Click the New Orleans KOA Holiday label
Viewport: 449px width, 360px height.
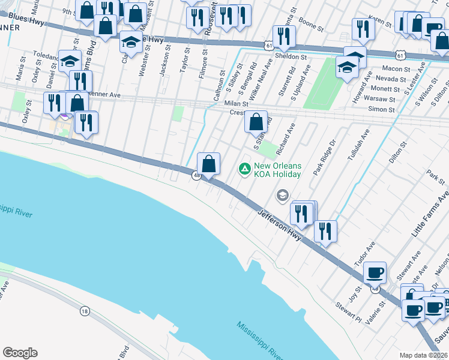coord(277,169)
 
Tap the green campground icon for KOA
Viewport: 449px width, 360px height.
coord(244,169)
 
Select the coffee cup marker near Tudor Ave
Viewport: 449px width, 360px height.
coord(375,273)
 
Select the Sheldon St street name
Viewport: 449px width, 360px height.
coord(291,56)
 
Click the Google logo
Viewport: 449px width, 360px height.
coord(20,353)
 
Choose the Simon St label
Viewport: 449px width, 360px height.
coord(382,110)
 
